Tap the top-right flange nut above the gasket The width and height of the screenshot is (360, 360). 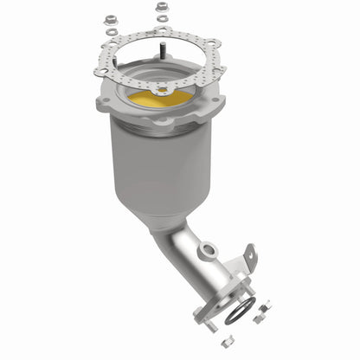coord(161,8)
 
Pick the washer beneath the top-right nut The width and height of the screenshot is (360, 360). coord(161,21)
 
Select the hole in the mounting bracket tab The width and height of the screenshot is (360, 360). coord(249,254)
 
